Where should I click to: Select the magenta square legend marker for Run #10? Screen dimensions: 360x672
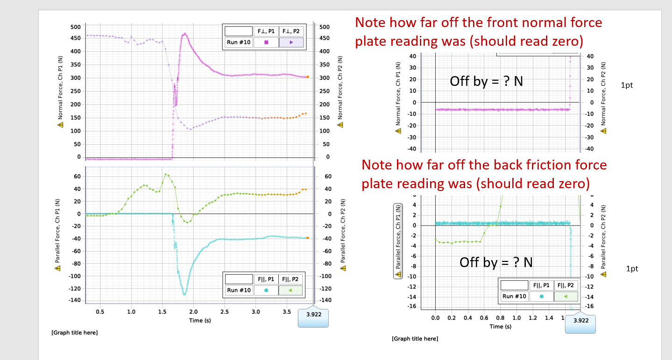(266, 42)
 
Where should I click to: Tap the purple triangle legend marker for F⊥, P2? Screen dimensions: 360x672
(291, 42)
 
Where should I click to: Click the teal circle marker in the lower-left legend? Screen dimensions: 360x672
(266, 290)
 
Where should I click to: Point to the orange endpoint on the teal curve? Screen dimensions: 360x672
(308, 238)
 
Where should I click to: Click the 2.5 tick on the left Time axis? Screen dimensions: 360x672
(225, 311)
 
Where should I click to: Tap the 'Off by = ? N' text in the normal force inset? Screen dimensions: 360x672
(486, 81)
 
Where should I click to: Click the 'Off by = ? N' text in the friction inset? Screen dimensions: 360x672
(496, 262)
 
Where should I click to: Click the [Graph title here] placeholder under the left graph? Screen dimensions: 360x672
(74, 332)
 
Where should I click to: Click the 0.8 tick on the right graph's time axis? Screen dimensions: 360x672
(501, 318)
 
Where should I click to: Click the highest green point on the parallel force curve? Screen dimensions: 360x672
(166, 174)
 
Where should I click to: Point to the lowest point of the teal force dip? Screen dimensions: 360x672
(184, 295)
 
